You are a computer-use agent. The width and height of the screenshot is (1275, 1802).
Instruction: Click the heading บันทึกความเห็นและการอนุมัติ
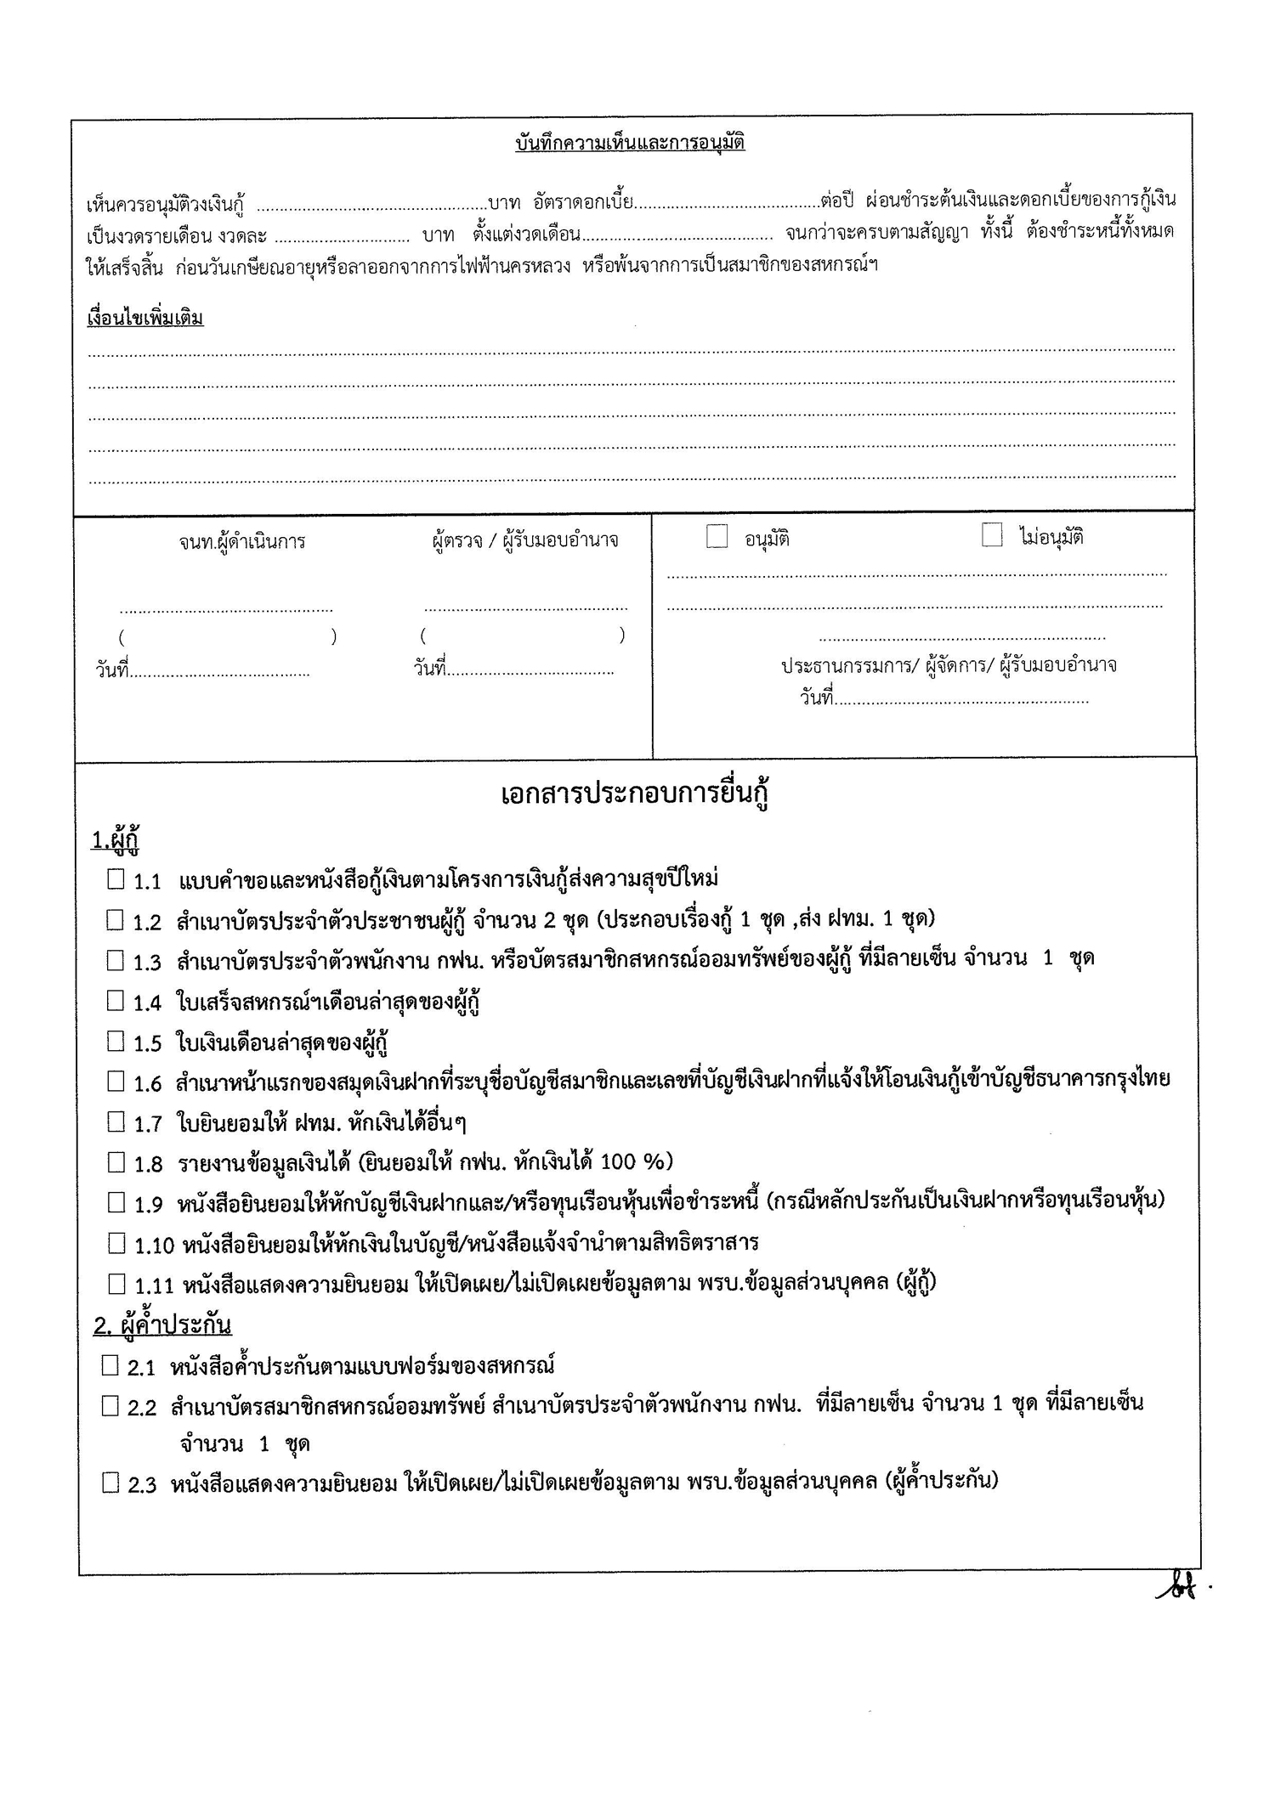tap(630, 143)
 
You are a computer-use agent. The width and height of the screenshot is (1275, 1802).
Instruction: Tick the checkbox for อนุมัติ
tap(717, 536)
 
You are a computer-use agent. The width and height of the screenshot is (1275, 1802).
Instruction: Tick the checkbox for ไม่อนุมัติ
tap(992, 535)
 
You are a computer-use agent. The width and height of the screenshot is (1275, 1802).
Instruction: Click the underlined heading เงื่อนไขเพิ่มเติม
tap(145, 319)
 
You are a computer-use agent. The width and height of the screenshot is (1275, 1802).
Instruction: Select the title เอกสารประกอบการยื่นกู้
tap(635, 795)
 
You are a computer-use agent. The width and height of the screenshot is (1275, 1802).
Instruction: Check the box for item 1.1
tap(116, 878)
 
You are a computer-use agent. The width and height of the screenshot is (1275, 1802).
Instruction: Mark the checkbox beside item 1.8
tap(116, 1161)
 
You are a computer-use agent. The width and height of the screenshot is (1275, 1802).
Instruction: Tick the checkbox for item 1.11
tap(116, 1283)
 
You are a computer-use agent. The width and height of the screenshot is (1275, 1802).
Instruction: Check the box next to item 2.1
tap(110, 1365)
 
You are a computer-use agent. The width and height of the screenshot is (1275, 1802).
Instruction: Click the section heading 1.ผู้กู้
tap(115, 840)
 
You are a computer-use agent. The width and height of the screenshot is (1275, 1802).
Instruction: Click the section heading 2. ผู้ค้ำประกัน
tap(162, 1325)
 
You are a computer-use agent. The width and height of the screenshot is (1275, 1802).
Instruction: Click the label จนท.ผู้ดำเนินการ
tap(242, 541)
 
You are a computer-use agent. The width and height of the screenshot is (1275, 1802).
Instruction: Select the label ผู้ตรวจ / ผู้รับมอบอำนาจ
tap(524, 540)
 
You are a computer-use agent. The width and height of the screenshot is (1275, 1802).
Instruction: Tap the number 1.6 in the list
tap(147, 1083)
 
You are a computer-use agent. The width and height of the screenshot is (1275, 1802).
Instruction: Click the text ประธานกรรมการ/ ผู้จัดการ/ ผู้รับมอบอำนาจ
tap(949, 665)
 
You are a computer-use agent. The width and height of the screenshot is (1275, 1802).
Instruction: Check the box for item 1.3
tap(116, 960)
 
